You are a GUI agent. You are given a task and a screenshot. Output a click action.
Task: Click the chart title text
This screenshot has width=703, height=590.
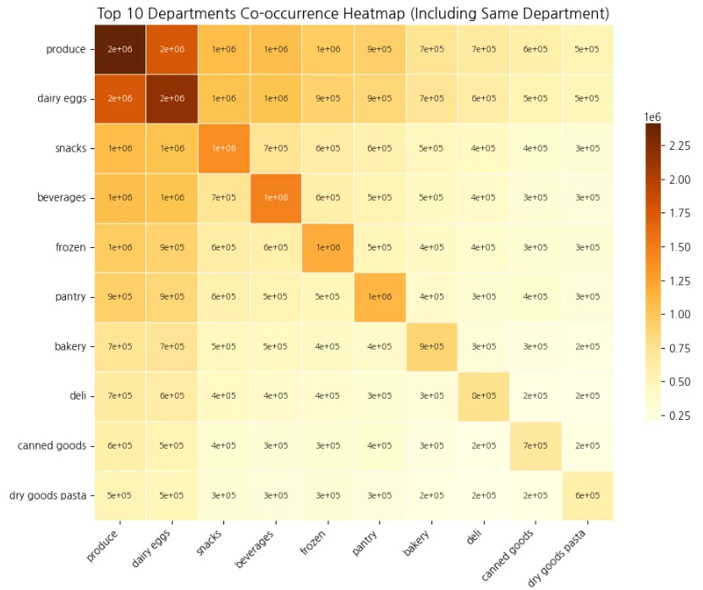[x=353, y=14]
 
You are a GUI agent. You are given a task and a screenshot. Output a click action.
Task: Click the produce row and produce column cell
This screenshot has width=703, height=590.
[x=119, y=49]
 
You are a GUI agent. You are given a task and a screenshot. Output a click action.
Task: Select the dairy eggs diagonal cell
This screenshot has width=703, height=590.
[x=172, y=98]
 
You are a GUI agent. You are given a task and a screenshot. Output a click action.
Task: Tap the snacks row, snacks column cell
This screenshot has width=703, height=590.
[x=223, y=148]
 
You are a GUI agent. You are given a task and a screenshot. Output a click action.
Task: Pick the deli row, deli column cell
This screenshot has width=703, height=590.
[x=483, y=396]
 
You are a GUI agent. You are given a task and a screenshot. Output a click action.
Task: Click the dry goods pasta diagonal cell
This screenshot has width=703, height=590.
[x=587, y=495]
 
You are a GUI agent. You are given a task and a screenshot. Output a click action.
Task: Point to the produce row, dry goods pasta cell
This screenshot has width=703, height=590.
[x=587, y=49]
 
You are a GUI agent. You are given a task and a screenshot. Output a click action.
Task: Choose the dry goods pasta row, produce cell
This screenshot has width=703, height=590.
[x=119, y=495]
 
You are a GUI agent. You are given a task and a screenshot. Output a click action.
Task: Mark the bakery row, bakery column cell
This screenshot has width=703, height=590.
[x=431, y=346]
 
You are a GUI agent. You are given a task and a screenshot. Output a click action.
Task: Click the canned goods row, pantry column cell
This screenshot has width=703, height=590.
[x=379, y=446]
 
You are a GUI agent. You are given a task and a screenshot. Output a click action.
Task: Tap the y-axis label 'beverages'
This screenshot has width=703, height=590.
[x=62, y=198]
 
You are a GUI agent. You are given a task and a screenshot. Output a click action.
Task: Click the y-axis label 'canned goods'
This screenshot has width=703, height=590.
[x=52, y=446]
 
